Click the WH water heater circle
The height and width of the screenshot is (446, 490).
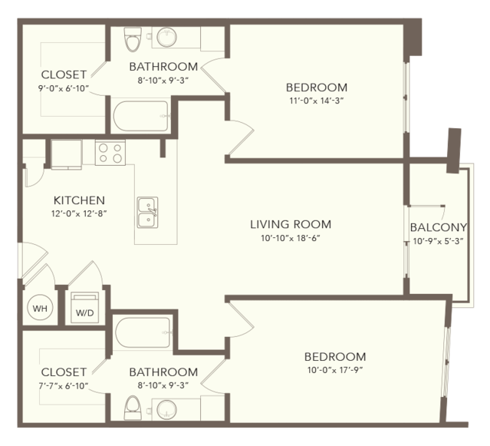(x=40, y=309)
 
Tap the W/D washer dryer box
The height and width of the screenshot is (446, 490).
(x=84, y=308)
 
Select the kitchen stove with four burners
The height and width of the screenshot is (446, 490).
(x=110, y=152)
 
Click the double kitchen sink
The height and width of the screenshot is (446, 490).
(x=147, y=213)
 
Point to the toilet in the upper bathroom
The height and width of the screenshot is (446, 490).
(x=133, y=39)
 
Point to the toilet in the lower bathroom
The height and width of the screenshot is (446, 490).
(x=133, y=408)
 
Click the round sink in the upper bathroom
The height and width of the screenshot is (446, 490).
(x=166, y=37)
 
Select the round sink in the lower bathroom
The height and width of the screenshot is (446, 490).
(x=166, y=410)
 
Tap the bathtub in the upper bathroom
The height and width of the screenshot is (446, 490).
(x=141, y=116)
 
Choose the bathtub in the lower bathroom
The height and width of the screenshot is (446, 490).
(x=143, y=333)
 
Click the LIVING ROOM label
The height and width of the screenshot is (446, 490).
(x=291, y=224)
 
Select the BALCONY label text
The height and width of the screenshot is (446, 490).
(x=439, y=227)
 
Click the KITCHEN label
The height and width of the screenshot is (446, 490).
(x=79, y=200)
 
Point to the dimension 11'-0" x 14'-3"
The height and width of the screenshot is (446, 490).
(x=317, y=101)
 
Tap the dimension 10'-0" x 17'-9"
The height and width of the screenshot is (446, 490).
(x=335, y=370)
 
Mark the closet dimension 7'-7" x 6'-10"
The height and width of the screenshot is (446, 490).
(x=64, y=385)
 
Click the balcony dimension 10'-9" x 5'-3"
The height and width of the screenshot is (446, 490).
(x=438, y=241)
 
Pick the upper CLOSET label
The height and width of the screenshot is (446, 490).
(x=64, y=74)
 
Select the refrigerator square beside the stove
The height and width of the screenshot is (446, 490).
(x=67, y=154)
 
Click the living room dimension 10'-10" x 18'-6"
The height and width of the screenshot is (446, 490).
(x=291, y=238)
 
